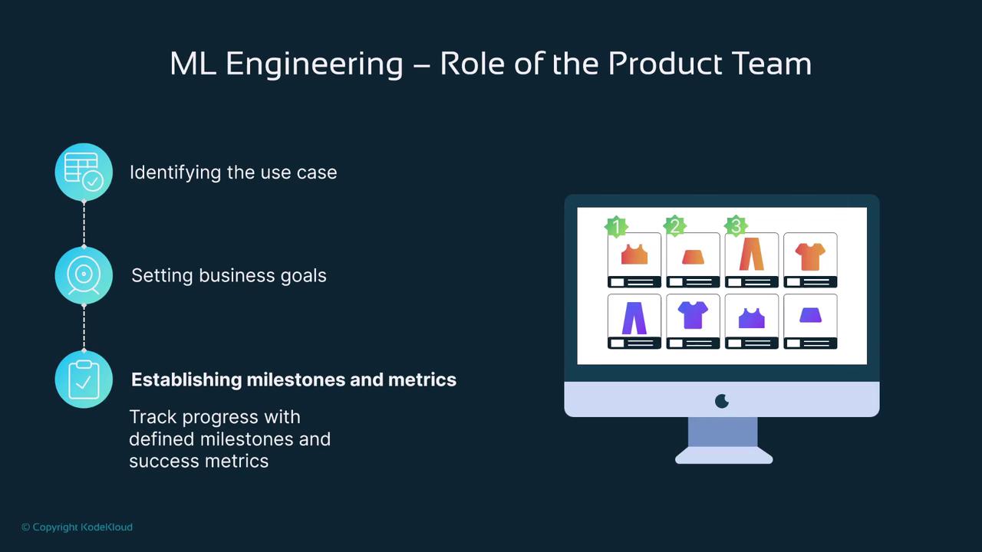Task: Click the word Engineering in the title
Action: coord(315,64)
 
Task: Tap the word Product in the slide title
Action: coord(664,64)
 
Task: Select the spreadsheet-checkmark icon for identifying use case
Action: coord(84,172)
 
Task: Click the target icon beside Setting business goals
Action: coord(84,275)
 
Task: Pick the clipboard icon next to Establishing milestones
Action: coord(84,379)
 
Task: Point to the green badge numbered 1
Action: coord(616,226)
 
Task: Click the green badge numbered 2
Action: coord(674,226)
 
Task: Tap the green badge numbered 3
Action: coord(736,226)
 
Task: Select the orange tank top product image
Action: coord(634,255)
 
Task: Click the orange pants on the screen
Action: coord(751,254)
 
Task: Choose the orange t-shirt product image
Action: coord(810,257)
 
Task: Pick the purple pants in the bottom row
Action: coord(634,318)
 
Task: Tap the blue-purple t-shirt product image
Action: coord(693,315)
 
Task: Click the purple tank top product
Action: coord(751,318)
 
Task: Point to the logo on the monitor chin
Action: coord(722,401)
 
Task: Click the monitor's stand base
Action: coord(723,455)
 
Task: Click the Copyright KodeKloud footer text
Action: coord(77,527)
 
